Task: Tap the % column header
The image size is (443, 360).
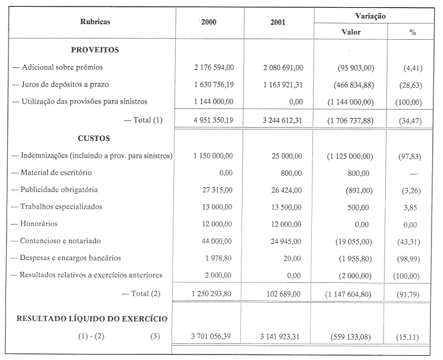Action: coord(413,32)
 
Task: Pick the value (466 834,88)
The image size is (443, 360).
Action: coord(350,85)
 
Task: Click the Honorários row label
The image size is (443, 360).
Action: coord(37,223)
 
